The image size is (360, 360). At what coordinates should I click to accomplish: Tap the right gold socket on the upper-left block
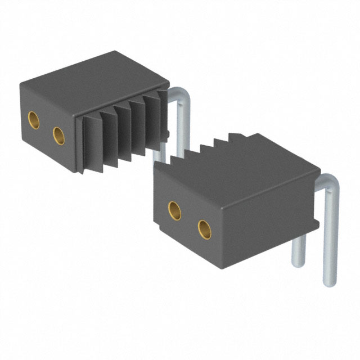pyautogui.click(x=58, y=135)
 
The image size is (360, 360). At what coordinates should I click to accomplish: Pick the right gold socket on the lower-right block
pyautogui.click(x=205, y=228)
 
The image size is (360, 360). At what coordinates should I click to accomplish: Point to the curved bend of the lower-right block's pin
pyautogui.click(x=331, y=185)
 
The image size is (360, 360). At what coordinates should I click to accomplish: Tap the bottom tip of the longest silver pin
pyautogui.click(x=330, y=281)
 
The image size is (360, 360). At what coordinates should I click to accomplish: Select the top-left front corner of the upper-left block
pyautogui.click(x=21, y=84)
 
